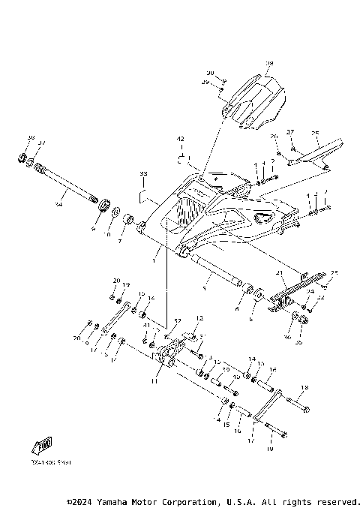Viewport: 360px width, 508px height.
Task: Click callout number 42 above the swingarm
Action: [x=180, y=140]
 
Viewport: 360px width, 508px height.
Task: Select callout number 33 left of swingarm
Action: [x=143, y=173]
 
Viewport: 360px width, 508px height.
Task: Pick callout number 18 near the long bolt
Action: [x=304, y=388]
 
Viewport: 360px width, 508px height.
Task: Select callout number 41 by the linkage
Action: [x=147, y=326]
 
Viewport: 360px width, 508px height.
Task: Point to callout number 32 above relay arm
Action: [x=178, y=320]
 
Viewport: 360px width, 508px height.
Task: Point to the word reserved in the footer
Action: [x=337, y=500]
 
